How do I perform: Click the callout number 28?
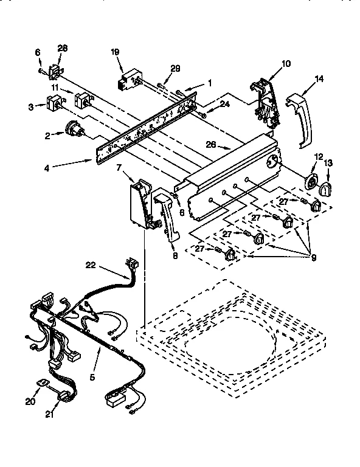[63, 48]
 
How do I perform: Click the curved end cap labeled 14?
[300, 119]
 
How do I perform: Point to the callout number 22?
[90, 264]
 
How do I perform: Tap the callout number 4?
[64, 162]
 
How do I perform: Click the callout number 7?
[119, 167]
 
